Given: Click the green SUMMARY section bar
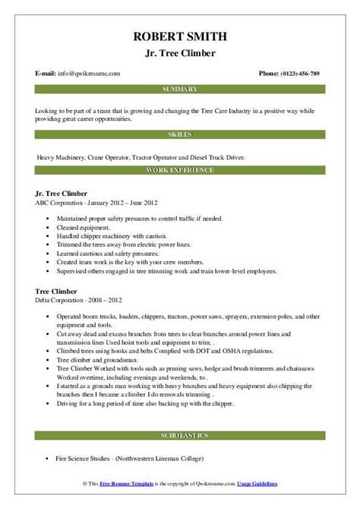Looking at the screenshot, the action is [x=179, y=90].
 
